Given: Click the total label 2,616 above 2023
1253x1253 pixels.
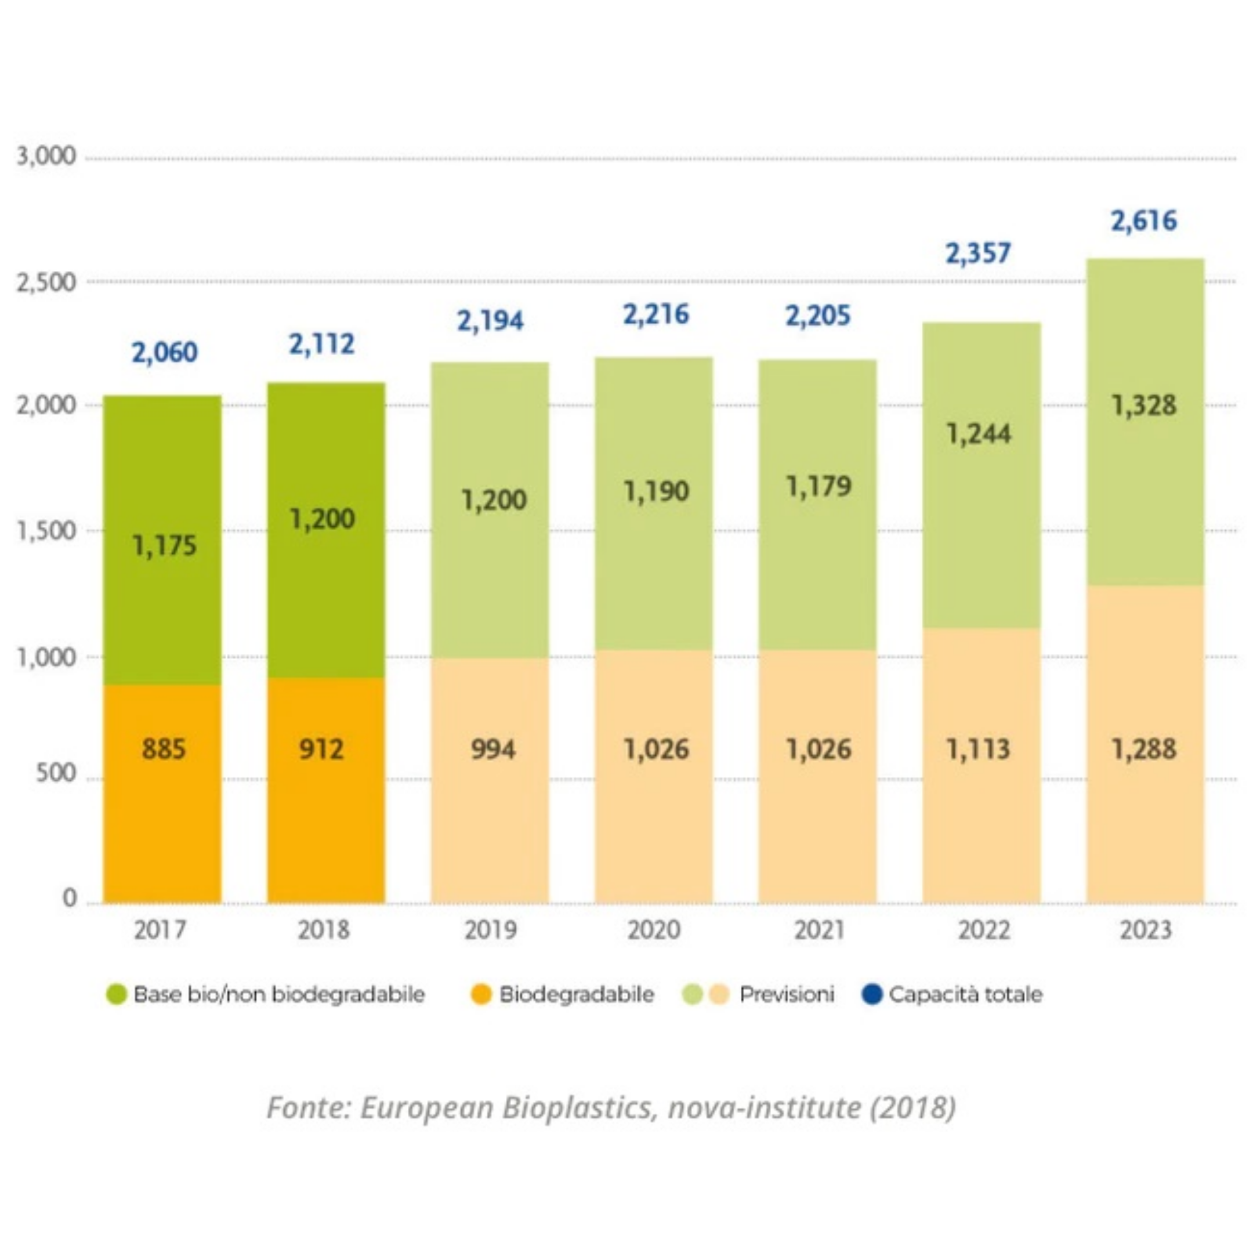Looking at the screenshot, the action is point(1143,221).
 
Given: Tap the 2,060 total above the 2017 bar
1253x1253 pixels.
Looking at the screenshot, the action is point(165,353).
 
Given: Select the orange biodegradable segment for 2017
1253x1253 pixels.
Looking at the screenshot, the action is point(163,794).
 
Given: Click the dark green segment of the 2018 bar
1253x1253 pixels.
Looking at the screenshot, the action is point(326,531).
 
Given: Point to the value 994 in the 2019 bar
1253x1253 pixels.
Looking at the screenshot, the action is point(493,749).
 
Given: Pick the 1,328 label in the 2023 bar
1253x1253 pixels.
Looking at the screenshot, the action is point(1143,405).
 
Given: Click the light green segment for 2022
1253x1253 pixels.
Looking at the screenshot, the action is point(982,475).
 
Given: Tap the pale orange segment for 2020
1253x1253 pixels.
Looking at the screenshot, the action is point(654,777).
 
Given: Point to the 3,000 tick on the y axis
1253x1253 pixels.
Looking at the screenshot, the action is point(46,156).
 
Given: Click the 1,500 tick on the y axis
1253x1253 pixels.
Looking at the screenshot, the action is point(46,531).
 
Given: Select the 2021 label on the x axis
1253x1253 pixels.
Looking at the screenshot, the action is point(819,930).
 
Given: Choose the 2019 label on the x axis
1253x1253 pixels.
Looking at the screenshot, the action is point(490,930).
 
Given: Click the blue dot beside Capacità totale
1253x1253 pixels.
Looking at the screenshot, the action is point(872,994).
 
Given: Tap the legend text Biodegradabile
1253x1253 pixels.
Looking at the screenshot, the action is point(577,994).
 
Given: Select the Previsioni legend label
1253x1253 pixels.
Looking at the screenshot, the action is point(787,994).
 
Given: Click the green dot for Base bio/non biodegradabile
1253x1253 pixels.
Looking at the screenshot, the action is point(116,994).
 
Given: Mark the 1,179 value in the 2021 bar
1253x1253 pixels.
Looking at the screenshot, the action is point(819,487).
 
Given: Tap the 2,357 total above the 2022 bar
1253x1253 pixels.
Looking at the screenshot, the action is point(978,253).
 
